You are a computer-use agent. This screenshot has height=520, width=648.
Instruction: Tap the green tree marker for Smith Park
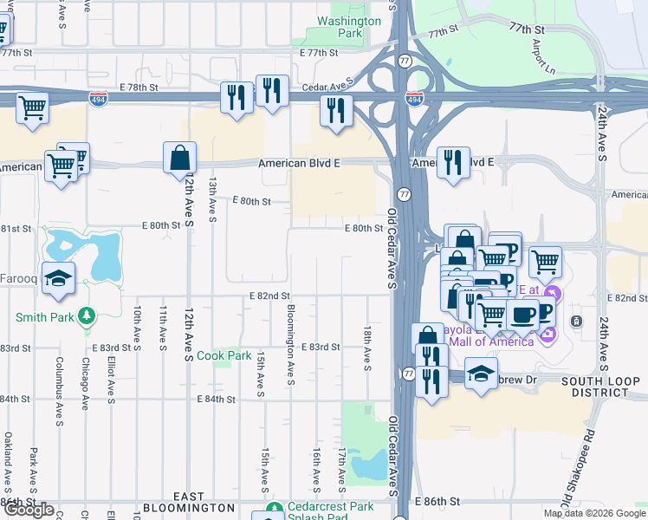click(x=86, y=317)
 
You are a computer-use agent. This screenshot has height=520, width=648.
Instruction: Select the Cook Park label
click(x=224, y=355)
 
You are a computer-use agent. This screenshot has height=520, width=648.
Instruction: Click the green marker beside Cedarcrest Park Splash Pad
click(x=274, y=509)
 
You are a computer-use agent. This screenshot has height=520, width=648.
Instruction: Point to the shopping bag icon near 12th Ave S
click(x=179, y=159)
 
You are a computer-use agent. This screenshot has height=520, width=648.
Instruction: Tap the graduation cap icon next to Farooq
click(x=59, y=278)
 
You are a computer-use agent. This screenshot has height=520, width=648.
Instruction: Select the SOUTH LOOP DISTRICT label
click(x=600, y=387)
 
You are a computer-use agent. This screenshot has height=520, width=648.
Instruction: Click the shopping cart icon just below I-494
click(x=32, y=109)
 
